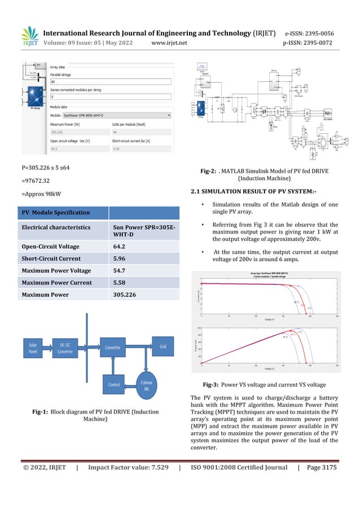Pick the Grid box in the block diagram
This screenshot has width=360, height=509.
163,346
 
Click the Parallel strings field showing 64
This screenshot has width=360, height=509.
110,82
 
